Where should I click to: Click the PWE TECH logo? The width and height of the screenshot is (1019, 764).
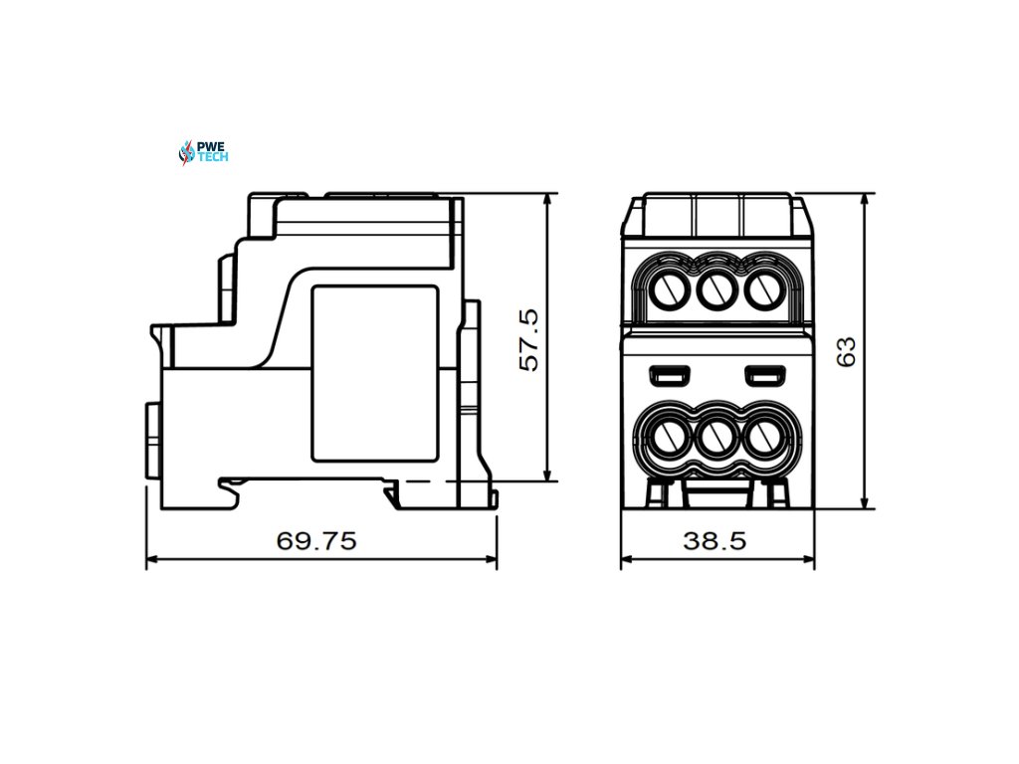pyautogui.click(x=203, y=152)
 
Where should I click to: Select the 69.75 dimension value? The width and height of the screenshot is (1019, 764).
pyautogui.click(x=315, y=541)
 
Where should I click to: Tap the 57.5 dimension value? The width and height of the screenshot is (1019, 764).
pyautogui.click(x=529, y=339)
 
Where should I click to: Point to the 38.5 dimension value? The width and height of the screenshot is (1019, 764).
pyautogui.click(x=714, y=541)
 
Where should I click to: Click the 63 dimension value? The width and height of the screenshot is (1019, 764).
pyautogui.click(x=846, y=351)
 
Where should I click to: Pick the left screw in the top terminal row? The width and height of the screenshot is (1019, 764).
pyautogui.click(x=667, y=289)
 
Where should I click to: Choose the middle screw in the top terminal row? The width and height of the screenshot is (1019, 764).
pyautogui.click(x=713, y=289)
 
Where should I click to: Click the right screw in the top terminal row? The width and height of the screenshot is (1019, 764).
pyautogui.click(x=761, y=289)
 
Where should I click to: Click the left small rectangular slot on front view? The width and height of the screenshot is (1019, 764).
pyautogui.click(x=669, y=375)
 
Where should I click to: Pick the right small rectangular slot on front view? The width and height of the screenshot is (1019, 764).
pyautogui.click(x=764, y=375)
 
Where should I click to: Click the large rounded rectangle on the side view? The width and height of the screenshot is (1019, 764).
pyautogui.click(x=375, y=373)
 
